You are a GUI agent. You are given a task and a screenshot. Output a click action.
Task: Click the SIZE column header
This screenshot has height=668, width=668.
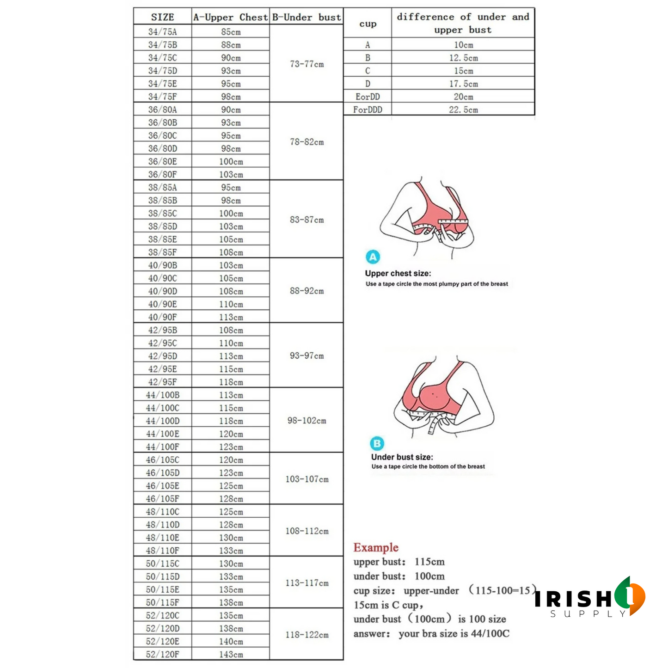[x=162, y=17]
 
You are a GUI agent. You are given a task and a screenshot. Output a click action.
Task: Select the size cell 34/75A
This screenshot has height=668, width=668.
[x=162, y=31]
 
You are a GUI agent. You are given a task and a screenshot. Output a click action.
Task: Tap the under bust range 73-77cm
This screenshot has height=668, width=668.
[x=306, y=64]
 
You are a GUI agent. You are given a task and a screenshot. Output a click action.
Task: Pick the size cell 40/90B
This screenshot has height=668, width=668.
[x=162, y=265]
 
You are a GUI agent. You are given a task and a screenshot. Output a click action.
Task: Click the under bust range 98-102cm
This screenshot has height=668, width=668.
[x=306, y=421]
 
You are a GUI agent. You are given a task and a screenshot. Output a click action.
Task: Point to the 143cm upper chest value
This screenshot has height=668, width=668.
[x=231, y=654]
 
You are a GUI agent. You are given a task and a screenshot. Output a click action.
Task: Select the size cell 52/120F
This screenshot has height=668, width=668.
[x=162, y=654]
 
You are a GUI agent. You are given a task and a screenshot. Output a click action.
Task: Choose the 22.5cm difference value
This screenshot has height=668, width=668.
[x=463, y=110]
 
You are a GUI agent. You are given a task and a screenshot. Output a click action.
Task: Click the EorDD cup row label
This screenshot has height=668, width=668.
[x=368, y=97]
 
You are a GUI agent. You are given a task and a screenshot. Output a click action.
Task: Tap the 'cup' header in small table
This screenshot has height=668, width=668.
[x=368, y=24]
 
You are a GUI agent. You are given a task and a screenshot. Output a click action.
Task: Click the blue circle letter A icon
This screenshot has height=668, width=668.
[x=373, y=257]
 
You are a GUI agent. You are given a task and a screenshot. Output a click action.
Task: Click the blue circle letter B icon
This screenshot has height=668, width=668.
[x=377, y=444]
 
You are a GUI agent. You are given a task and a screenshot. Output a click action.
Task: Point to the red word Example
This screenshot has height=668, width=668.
[x=376, y=547]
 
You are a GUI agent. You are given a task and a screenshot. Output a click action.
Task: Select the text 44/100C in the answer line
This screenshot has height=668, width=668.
[x=490, y=633]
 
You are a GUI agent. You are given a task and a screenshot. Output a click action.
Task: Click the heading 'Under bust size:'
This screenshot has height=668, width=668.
[x=402, y=457]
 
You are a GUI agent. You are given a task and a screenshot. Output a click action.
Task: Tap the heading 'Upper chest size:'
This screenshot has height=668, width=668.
[x=398, y=273]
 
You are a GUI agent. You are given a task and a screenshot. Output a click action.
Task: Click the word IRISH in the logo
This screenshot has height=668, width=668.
[x=573, y=599]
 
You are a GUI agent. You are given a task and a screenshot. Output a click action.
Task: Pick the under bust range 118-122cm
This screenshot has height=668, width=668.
[x=306, y=635]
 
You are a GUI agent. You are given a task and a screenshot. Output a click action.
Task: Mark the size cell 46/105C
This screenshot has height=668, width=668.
[x=162, y=460]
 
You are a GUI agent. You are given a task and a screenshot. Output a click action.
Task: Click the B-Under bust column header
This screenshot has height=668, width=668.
[x=306, y=17]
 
